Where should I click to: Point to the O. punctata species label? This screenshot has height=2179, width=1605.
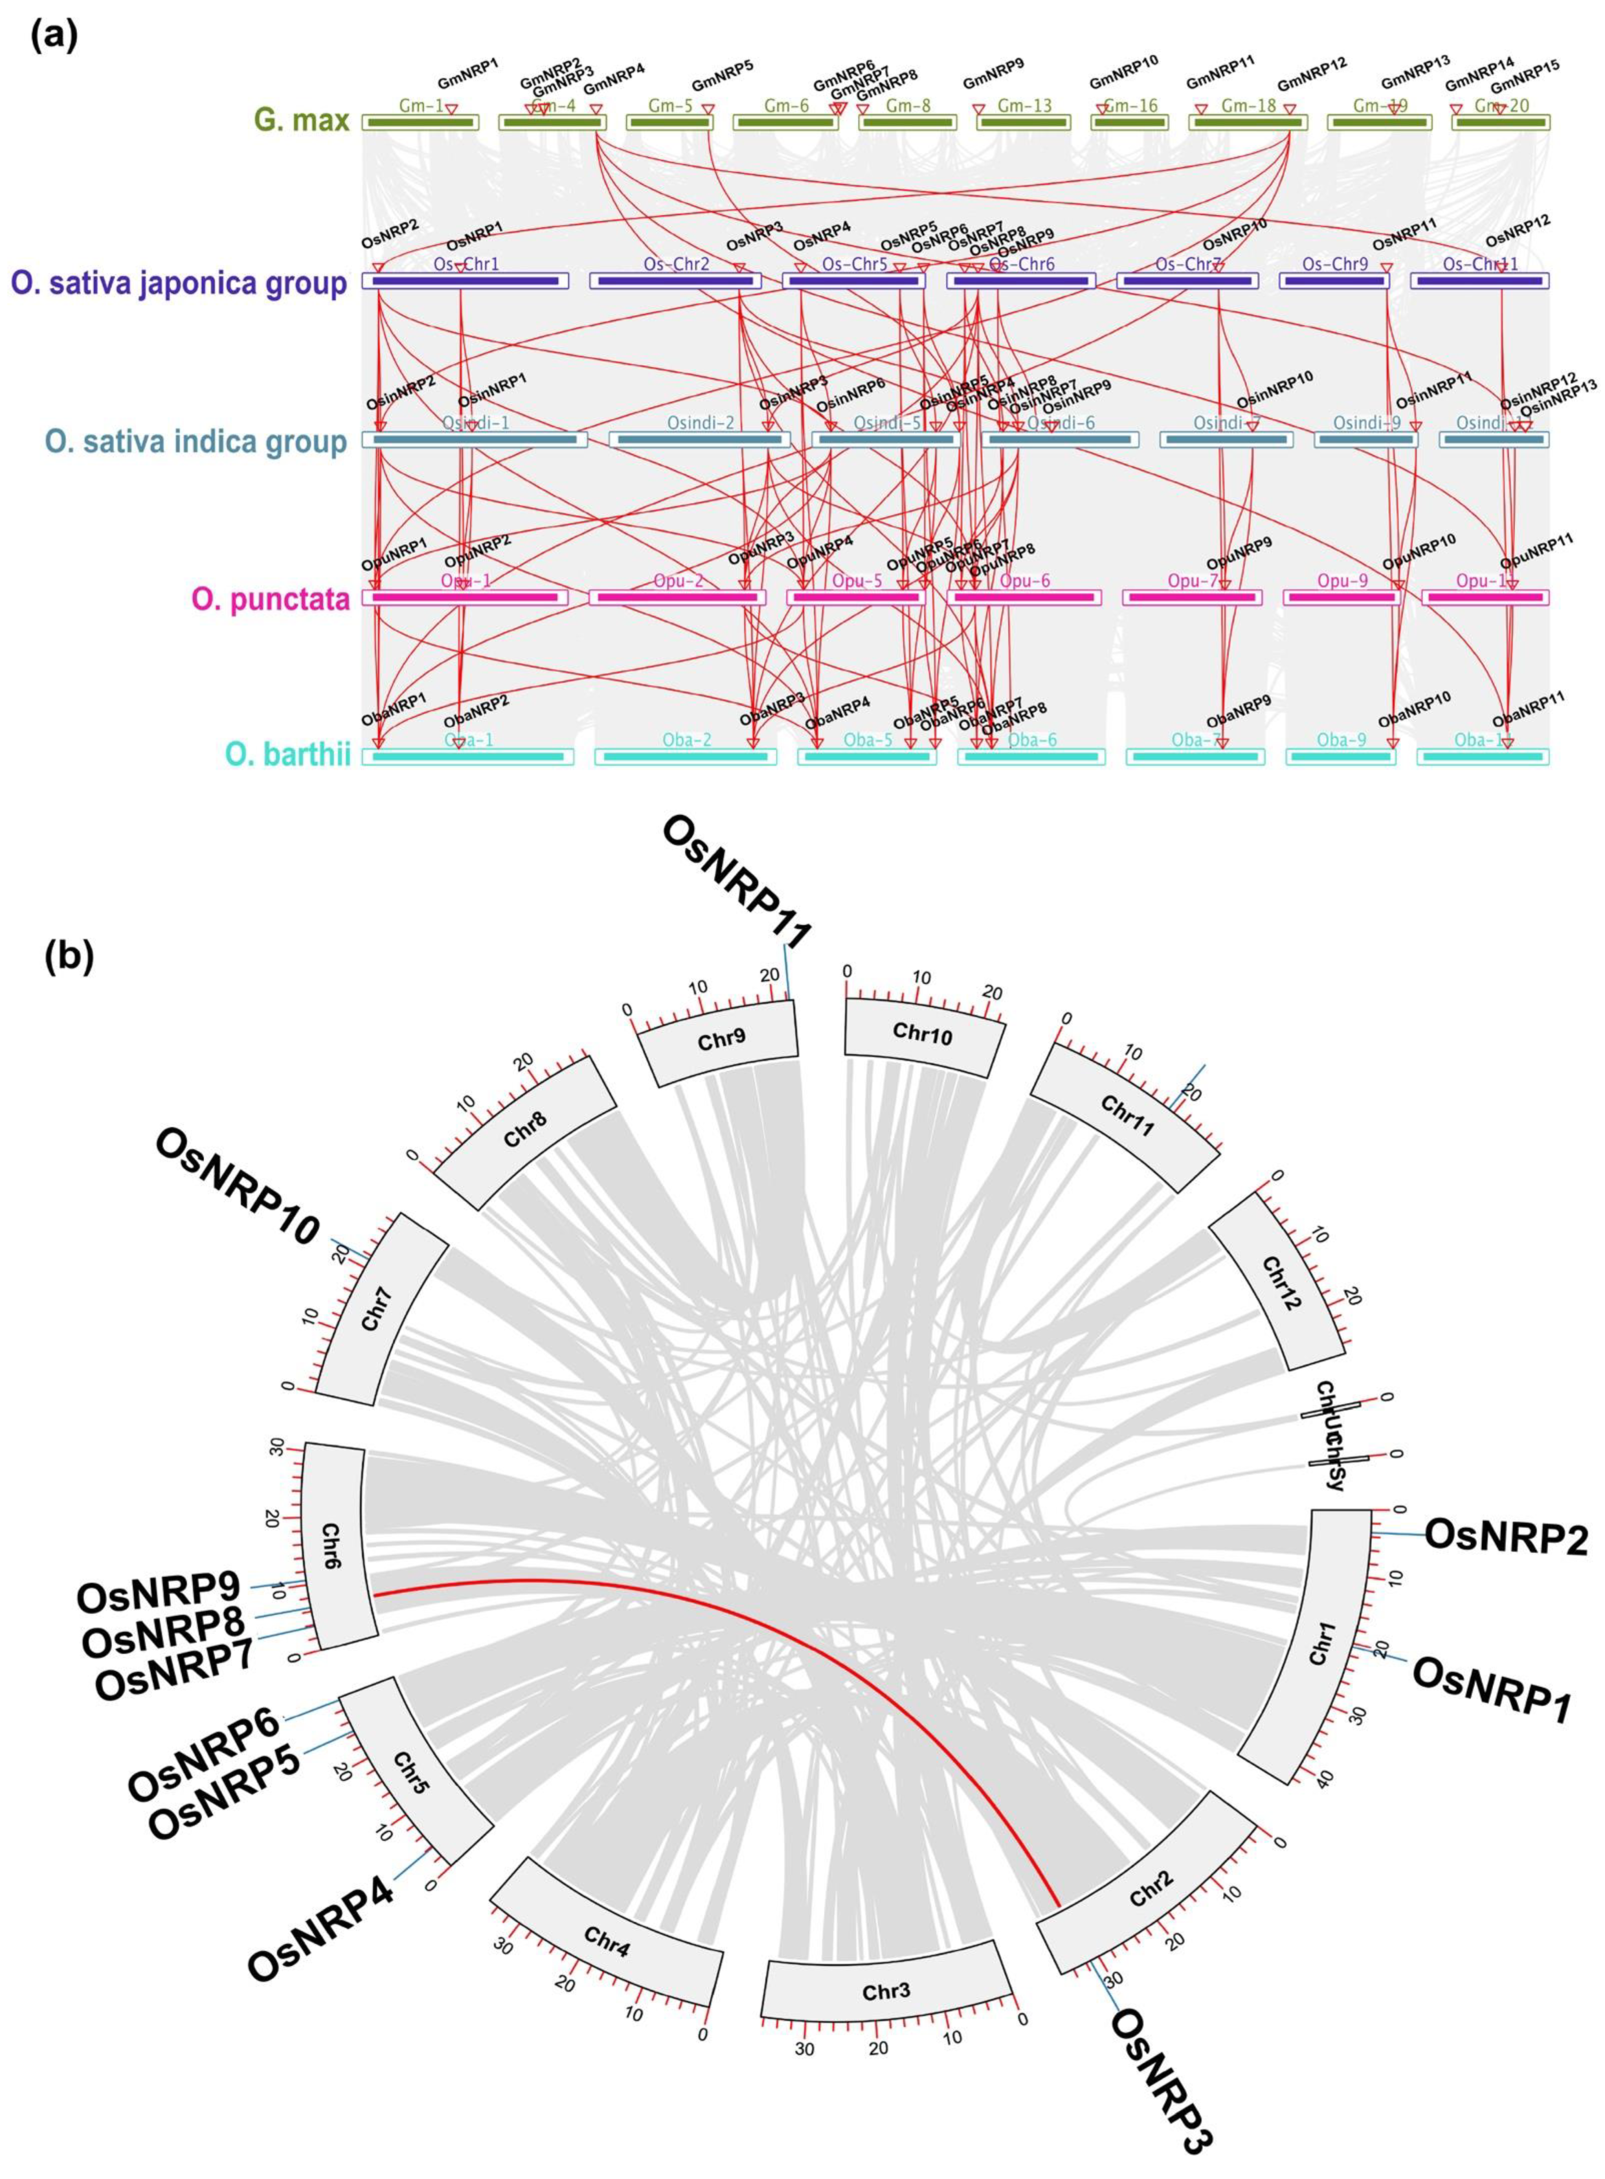point(270,599)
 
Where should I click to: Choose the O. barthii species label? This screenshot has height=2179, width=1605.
point(288,756)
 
